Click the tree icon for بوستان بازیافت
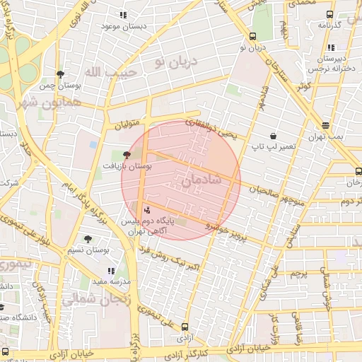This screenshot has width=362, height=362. click(127, 153)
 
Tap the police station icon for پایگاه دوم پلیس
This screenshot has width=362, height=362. click(147, 209)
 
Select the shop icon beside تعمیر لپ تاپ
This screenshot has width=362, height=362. click(273, 136)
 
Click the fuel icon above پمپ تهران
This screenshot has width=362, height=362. click(325, 124)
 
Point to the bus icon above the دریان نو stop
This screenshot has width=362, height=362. click(252, 37)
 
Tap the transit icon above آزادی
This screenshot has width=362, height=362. click(185, 327)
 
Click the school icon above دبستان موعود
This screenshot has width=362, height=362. click(123, 15)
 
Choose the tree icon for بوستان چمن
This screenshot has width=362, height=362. click(62, 74)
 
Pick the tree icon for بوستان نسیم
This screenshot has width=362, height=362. click(88, 239)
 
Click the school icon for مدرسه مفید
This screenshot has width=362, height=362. click(110, 270)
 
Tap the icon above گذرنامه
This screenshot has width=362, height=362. click(329, 14)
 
